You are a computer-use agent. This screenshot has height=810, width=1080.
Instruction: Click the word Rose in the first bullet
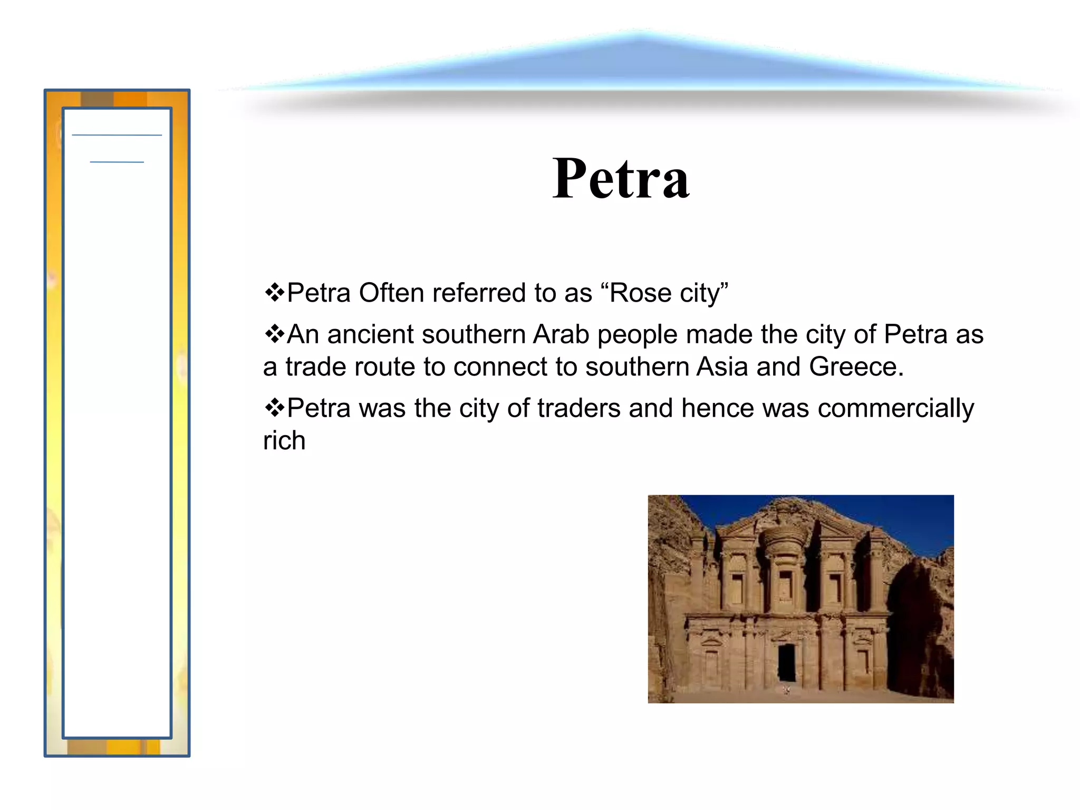[x=640, y=293]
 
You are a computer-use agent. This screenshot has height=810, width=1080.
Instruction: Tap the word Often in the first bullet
[x=391, y=293]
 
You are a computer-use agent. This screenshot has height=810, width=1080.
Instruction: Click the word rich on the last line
[x=284, y=440]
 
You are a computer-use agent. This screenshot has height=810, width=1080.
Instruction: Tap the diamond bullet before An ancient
[x=274, y=334]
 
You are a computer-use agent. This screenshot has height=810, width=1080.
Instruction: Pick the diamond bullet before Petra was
[x=274, y=408]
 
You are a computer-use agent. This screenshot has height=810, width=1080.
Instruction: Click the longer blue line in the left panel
[x=117, y=136]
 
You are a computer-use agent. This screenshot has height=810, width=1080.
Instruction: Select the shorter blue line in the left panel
[x=117, y=162]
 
